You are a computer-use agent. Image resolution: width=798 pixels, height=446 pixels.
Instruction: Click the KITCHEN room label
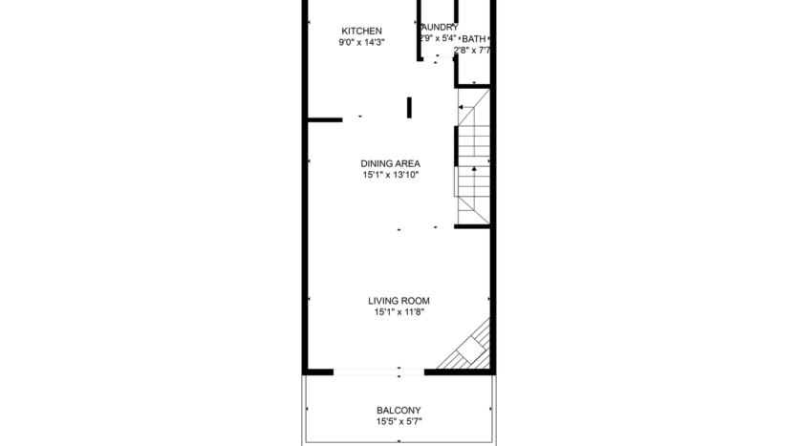click(360, 32)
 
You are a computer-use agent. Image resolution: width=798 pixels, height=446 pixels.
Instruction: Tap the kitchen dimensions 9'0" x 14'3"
click(360, 43)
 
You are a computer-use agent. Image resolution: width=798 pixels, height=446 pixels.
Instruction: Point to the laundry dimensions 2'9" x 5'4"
click(439, 38)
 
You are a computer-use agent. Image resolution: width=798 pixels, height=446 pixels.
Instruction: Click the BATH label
click(474, 39)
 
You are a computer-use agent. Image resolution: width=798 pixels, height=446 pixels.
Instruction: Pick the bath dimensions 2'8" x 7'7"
click(472, 51)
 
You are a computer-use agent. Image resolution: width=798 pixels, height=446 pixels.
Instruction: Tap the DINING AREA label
click(390, 163)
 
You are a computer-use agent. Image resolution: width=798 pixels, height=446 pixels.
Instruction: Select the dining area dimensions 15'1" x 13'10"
click(390, 175)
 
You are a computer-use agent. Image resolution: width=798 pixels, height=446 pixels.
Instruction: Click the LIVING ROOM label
click(398, 301)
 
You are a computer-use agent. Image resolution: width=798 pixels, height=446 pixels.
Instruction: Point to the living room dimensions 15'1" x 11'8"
click(398, 312)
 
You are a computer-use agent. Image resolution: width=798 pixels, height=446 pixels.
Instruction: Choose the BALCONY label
click(399, 411)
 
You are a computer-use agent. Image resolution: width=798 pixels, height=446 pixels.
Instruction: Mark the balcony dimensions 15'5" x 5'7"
click(399, 422)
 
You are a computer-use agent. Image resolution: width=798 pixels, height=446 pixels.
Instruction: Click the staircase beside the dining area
click(474, 158)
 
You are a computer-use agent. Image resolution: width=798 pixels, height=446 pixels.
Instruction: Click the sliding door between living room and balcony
click(378, 371)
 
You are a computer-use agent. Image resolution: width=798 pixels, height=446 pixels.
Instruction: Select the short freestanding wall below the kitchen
click(410, 106)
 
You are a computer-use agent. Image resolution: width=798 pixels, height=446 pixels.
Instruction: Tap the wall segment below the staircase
click(472, 227)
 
